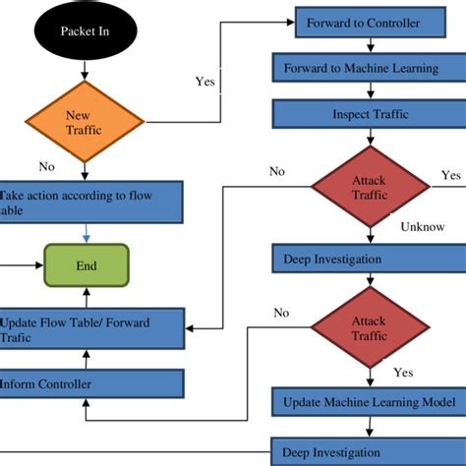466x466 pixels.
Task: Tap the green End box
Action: pos(87,266)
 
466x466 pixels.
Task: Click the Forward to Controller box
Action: pos(364,22)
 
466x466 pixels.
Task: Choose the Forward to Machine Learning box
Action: pos(370,69)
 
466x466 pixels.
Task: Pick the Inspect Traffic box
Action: pos(370,115)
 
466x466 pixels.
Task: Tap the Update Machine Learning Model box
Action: pos(370,401)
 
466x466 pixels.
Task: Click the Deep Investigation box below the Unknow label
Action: pos(370,259)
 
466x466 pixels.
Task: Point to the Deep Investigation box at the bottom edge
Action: pos(370,452)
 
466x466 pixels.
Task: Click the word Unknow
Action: pos(423,226)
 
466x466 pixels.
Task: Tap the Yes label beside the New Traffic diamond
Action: pos(205,83)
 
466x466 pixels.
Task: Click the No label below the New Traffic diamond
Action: pos(45,167)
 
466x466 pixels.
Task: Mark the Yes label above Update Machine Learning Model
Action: pos(403,373)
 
